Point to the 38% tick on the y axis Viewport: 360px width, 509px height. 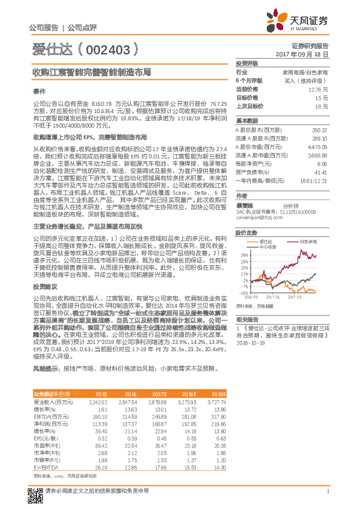pyautogui.click(x=243, y=255)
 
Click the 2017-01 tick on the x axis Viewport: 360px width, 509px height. pyautogui.click(x=272, y=297)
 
